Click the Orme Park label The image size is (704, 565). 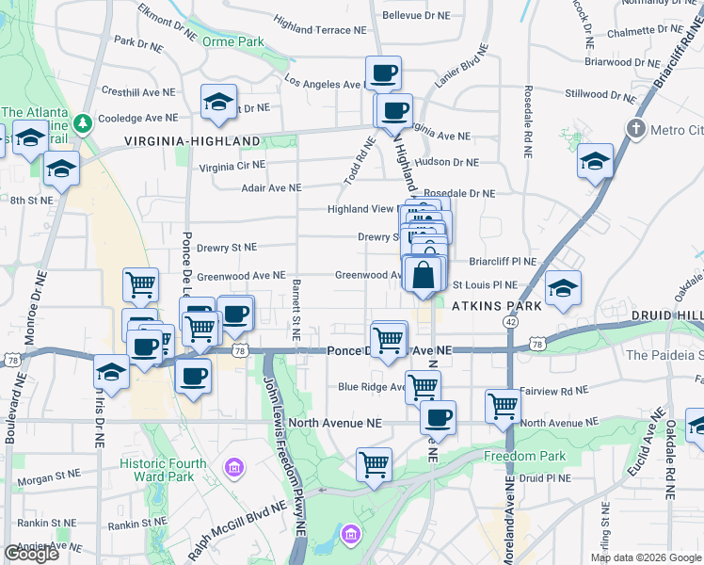pyautogui.click(x=237, y=41)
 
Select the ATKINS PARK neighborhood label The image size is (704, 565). pyautogui.click(x=497, y=306)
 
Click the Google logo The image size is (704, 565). pyautogui.click(x=31, y=554)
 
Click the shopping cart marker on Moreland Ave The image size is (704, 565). pyautogui.click(x=504, y=406)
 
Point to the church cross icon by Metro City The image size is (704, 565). pyautogui.click(x=636, y=129)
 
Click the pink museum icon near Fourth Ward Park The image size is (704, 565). pyautogui.click(x=234, y=467)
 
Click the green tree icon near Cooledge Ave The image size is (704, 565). pyautogui.click(x=84, y=123)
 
